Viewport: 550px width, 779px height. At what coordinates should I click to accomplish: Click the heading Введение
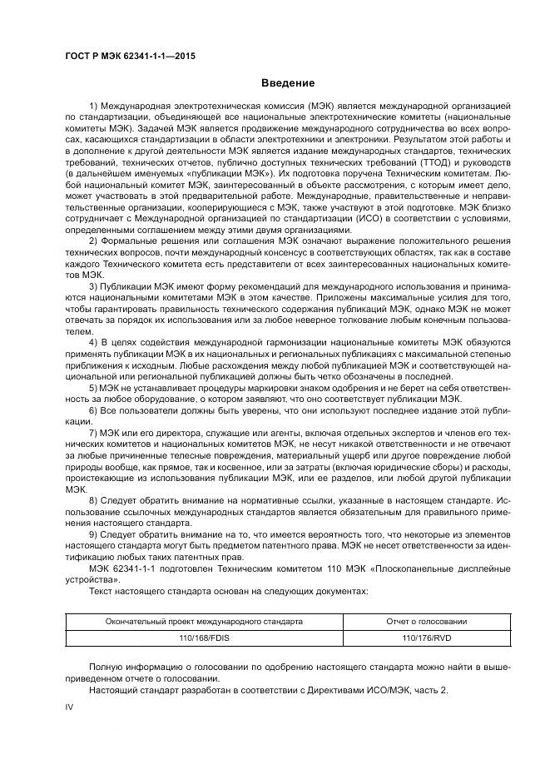(x=288, y=82)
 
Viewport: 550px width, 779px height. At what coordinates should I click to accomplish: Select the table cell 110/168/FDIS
(x=203, y=637)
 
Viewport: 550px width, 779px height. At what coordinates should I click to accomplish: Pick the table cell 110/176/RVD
(x=427, y=637)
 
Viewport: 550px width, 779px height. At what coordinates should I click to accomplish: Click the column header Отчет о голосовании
(x=427, y=621)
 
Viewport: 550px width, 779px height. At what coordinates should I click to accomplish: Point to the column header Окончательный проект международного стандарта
(x=203, y=621)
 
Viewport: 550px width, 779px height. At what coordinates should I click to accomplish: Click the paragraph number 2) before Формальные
(x=92, y=241)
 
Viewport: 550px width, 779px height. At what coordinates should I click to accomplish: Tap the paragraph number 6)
(x=92, y=410)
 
